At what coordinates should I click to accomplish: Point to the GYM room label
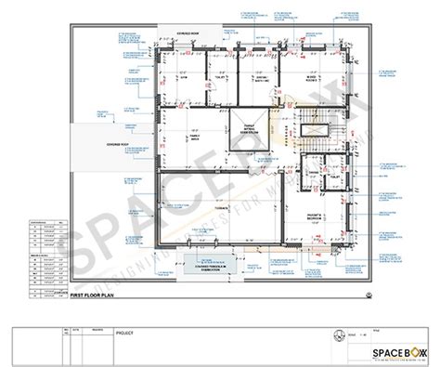(185, 78)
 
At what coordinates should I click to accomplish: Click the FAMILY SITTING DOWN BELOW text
(247, 130)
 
